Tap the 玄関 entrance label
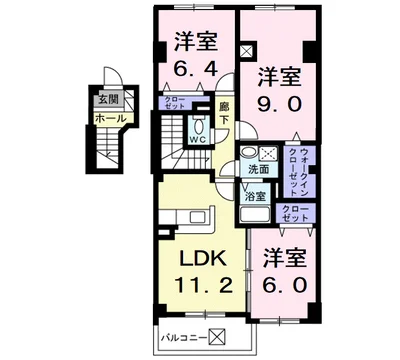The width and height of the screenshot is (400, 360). tap(107, 99)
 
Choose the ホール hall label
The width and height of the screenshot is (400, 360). tap(110, 118)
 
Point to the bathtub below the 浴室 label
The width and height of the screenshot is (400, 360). tap(253, 217)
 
